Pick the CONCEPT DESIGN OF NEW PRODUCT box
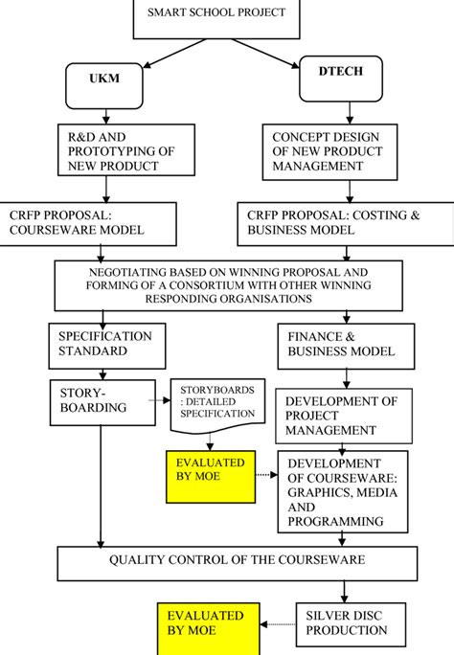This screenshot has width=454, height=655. pyautogui.click(x=327, y=151)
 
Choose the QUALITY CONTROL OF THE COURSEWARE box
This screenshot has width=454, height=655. pyautogui.click(x=239, y=560)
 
